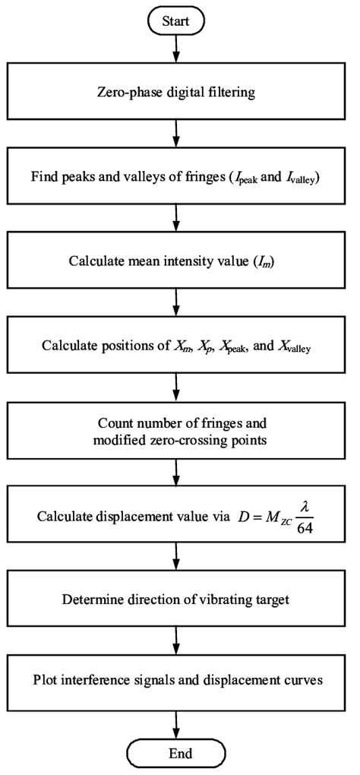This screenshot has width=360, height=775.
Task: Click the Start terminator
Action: pos(176,22)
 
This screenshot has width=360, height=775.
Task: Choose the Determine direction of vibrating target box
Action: pos(176,598)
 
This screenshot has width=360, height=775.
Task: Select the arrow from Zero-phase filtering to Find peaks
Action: pos(176,138)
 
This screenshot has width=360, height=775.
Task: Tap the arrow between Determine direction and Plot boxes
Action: pos(176,639)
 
